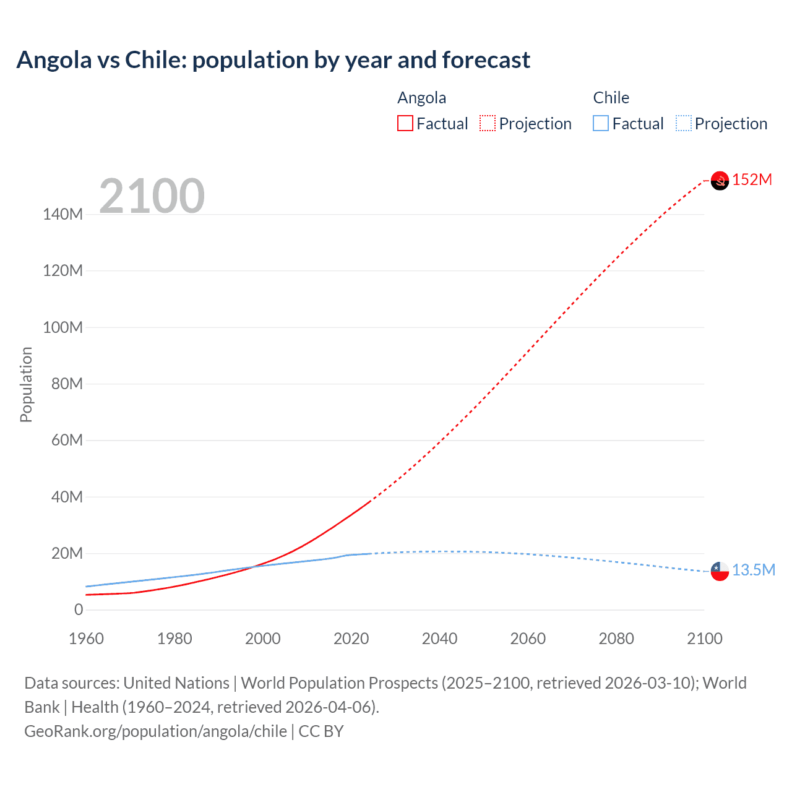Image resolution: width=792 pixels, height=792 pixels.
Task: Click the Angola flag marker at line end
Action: (x=720, y=181)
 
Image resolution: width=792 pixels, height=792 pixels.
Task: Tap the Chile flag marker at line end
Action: (x=720, y=571)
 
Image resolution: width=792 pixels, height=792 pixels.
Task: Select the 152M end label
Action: (x=752, y=180)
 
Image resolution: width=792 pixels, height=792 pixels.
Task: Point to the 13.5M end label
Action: (x=753, y=570)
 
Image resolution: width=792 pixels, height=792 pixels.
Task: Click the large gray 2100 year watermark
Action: (x=152, y=196)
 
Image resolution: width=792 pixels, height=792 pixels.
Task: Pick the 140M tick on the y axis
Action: (x=62, y=215)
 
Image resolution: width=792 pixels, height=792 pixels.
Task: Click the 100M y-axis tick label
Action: (x=62, y=328)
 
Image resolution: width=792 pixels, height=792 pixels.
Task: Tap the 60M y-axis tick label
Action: (x=66, y=441)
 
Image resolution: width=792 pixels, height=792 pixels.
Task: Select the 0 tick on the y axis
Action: (x=79, y=610)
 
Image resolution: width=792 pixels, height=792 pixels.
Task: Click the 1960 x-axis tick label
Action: (x=86, y=639)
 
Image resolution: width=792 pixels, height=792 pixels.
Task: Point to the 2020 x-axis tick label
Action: (x=351, y=639)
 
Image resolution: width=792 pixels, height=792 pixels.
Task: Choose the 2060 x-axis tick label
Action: (x=528, y=639)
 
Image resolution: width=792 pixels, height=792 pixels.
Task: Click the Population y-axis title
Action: (x=26, y=384)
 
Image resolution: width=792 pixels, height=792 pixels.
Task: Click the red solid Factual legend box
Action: (x=405, y=124)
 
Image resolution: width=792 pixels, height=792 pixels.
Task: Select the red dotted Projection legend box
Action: (x=488, y=124)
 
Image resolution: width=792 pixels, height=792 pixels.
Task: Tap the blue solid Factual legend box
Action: (x=601, y=124)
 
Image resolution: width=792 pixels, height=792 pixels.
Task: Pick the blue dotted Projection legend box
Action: (x=683, y=124)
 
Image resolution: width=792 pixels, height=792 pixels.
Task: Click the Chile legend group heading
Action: (x=611, y=98)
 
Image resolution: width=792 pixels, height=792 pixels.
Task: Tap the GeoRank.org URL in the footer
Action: (x=155, y=731)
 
